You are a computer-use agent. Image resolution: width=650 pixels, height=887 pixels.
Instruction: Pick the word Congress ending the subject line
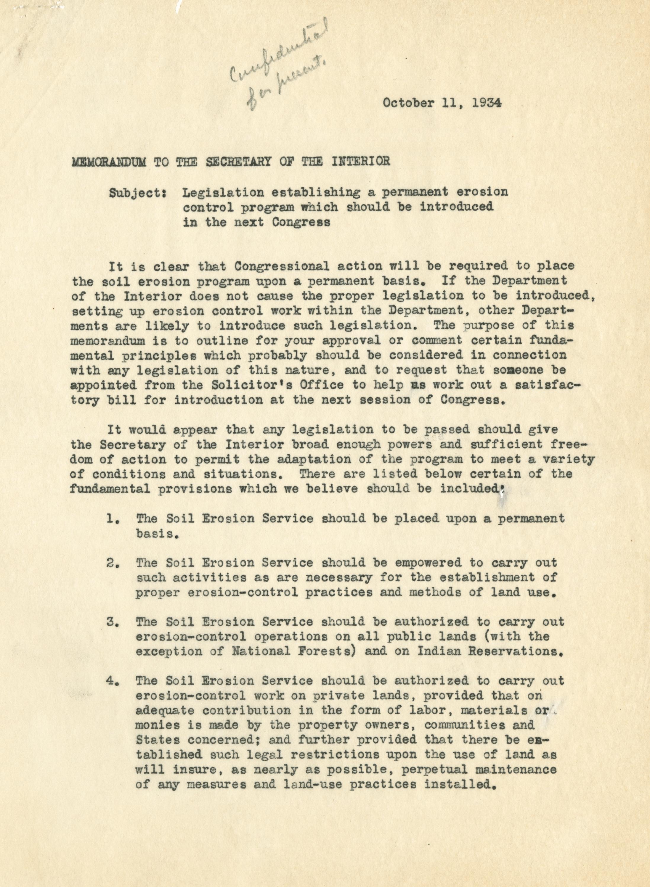point(301,222)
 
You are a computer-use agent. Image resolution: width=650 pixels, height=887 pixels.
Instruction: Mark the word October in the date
point(408,103)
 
